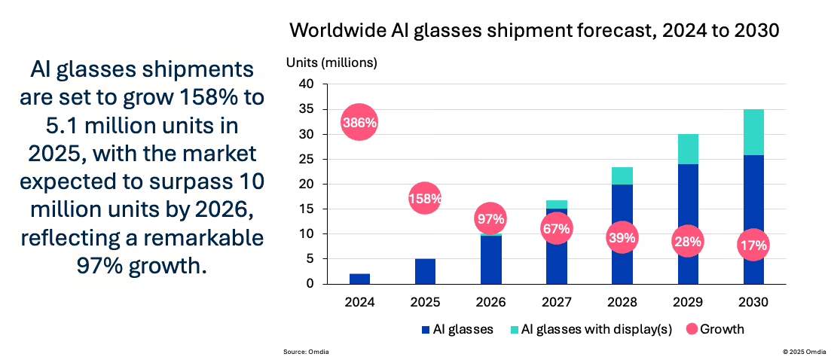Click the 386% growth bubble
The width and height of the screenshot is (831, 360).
point(359,122)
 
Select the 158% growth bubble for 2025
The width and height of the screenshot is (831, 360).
point(425,199)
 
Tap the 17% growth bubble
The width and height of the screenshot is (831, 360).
point(753,245)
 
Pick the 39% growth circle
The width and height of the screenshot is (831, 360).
point(622,238)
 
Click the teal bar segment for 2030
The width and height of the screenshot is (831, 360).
point(753,132)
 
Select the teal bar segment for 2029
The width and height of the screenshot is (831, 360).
point(687,149)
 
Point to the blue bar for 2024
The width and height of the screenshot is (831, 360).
point(359,279)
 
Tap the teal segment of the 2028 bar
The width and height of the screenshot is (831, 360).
point(622,175)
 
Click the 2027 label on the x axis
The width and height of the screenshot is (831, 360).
point(556,302)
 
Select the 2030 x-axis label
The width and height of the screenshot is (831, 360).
point(753,302)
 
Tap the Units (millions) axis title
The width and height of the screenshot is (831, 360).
point(331,63)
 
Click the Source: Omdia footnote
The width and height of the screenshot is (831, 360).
point(306,352)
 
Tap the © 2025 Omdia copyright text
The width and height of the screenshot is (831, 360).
point(803,352)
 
